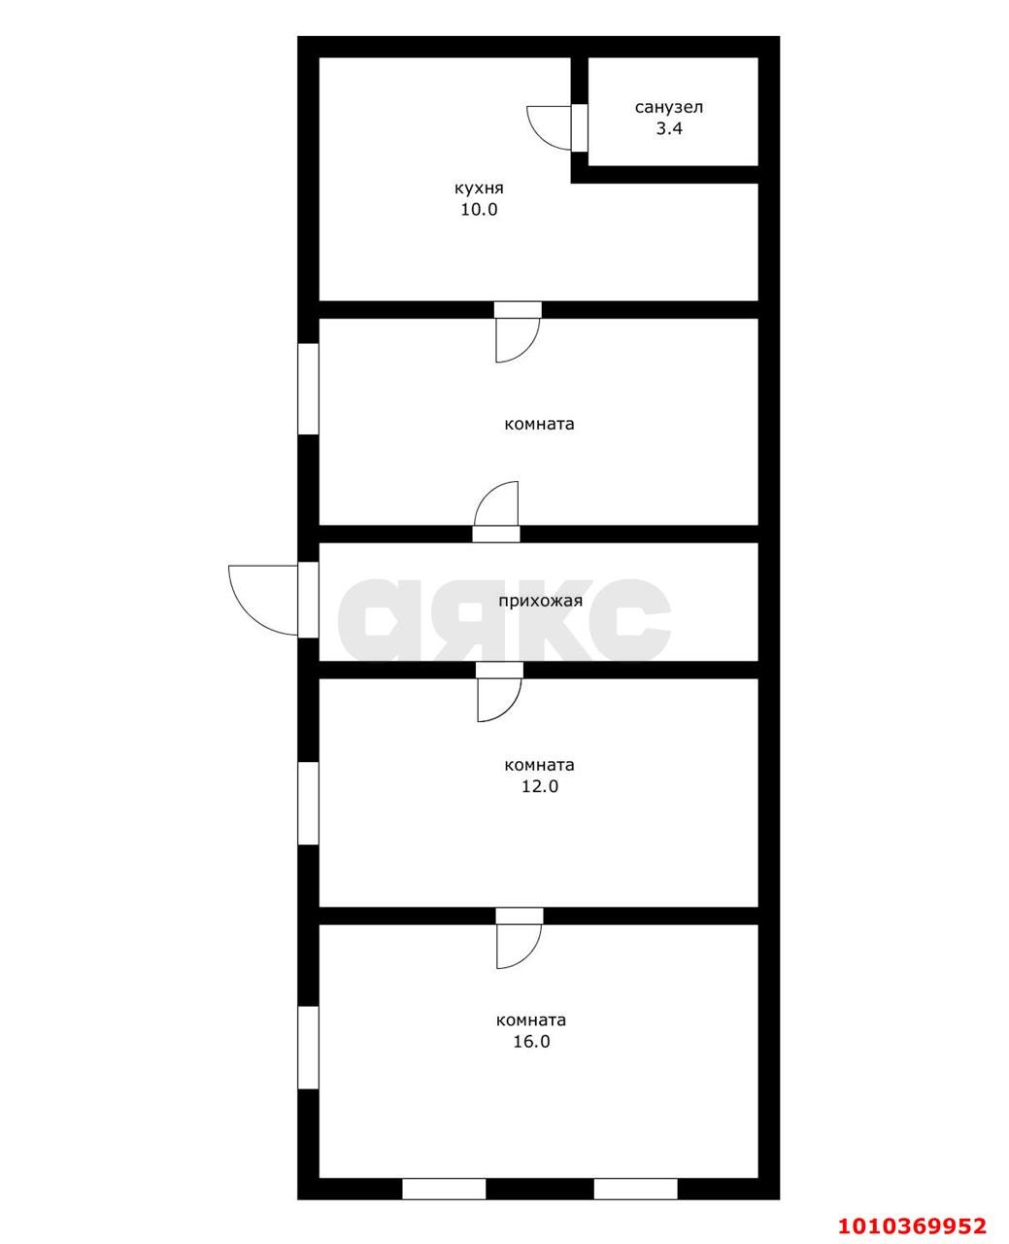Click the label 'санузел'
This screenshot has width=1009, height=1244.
669,108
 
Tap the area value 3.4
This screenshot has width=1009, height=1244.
669,129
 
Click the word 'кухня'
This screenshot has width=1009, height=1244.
479,189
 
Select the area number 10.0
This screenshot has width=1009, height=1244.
479,210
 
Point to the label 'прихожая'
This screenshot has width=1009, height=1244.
540,601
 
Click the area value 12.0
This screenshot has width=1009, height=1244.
540,786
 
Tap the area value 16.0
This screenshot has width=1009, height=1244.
531,1042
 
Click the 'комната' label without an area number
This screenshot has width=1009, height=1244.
539,424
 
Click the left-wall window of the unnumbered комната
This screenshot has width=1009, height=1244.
308,389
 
